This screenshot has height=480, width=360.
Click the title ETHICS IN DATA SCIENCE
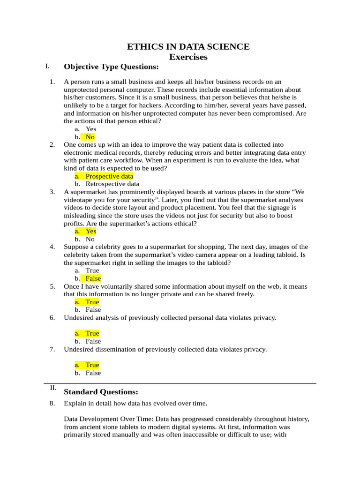pyautogui.click(x=188, y=46)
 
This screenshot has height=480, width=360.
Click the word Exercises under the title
pyautogui.click(x=188, y=57)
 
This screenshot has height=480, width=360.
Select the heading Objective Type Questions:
pyautogui.click(x=111, y=67)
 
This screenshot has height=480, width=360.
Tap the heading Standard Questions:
pyautogui.click(x=101, y=392)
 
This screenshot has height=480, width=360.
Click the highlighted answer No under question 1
pyautogui.click(x=90, y=137)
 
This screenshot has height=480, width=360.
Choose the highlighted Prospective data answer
pyautogui.click(x=109, y=176)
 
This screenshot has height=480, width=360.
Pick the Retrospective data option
pyautogui.click(x=112, y=184)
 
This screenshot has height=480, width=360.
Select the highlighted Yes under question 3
pyautogui.click(x=91, y=231)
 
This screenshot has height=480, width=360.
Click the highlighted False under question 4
pyautogui.click(x=93, y=278)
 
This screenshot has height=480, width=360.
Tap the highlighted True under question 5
pyautogui.click(x=92, y=302)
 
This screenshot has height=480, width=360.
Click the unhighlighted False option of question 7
pyautogui.click(x=93, y=373)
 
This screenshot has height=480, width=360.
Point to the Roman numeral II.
pyautogui.click(x=53, y=388)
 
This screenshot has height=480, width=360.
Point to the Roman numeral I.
pyautogui.click(x=47, y=66)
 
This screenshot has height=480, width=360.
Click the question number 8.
pyautogui.click(x=52, y=403)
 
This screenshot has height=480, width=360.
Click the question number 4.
pyautogui.click(x=52, y=247)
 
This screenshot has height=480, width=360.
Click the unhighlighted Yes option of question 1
pyautogui.click(x=91, y=129)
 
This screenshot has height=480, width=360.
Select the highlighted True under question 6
pyautogui.click(x=92, y=333)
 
